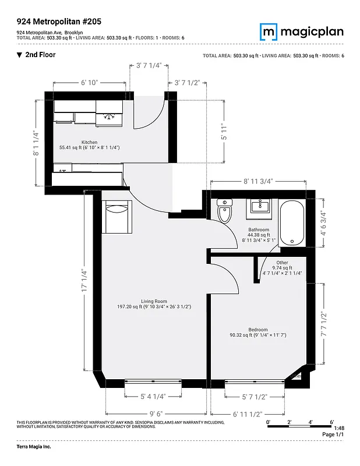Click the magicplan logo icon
[268, 31]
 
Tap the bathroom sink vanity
[260, 207]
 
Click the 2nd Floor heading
[40, 55]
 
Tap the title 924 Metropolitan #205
[59, 22]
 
